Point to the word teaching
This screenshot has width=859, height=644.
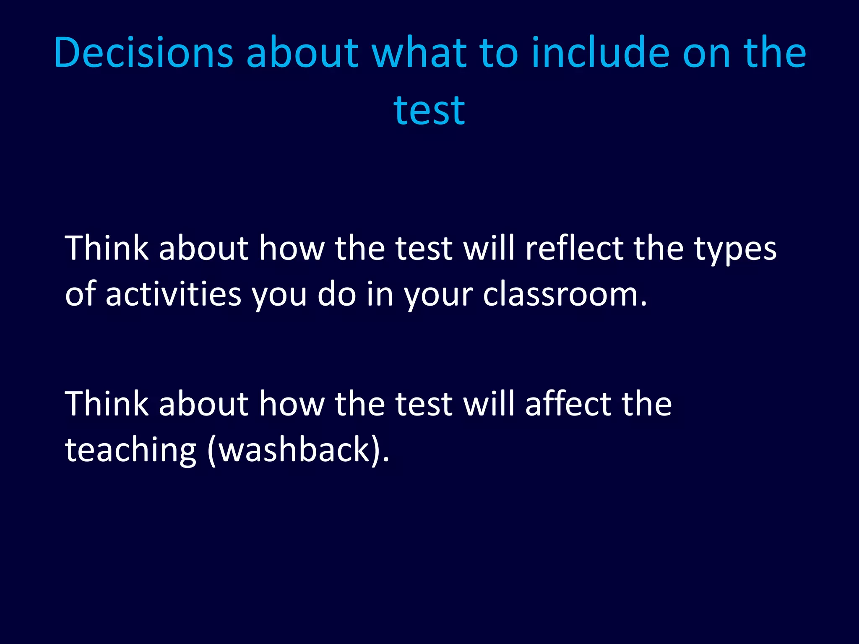point(130,449)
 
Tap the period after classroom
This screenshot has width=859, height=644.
point(644,304)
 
